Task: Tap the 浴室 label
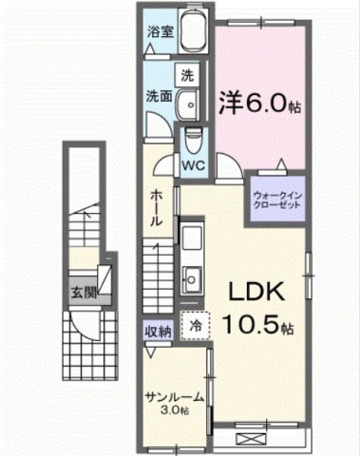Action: pos(158,32)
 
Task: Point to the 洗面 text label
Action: pos(158,96)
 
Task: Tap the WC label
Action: pos(194,163)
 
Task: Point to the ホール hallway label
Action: pos(159,205)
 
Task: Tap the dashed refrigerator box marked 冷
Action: pos(194,327)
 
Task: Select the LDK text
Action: pos(256,290)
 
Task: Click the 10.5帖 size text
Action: pos(257,324)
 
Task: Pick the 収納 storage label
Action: pos(157,331)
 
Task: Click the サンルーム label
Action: pos(171,398)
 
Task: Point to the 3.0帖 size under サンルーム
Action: pos(172,410)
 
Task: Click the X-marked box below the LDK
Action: pos(251,439)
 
